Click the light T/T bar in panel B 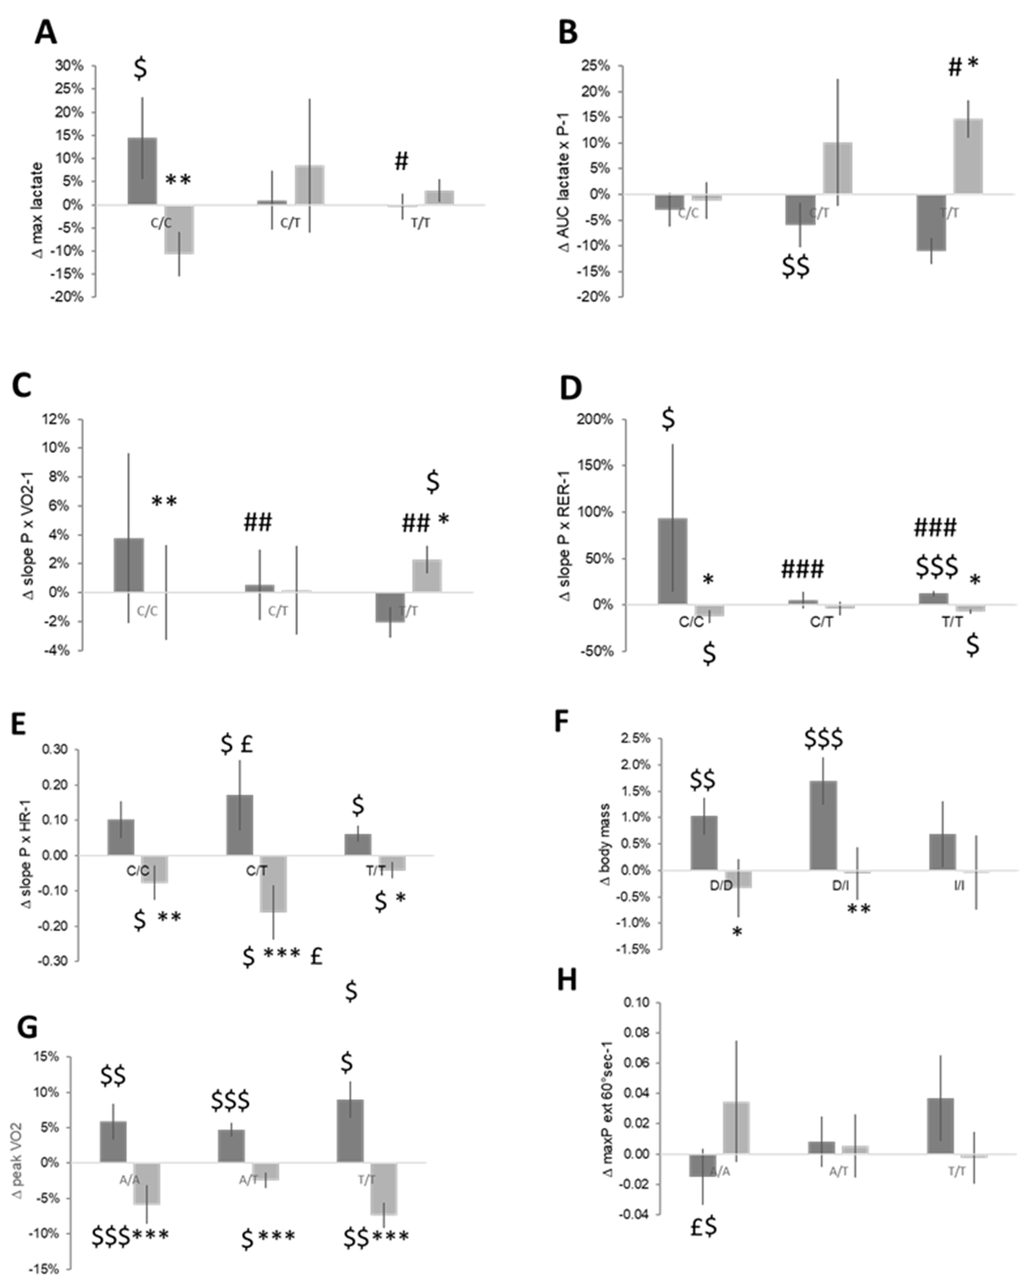[968, 156]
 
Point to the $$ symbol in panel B [795, 267]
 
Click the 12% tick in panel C [55, 419]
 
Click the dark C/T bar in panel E [239, 825]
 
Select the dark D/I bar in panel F [823, 825]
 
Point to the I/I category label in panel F [959, 886]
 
